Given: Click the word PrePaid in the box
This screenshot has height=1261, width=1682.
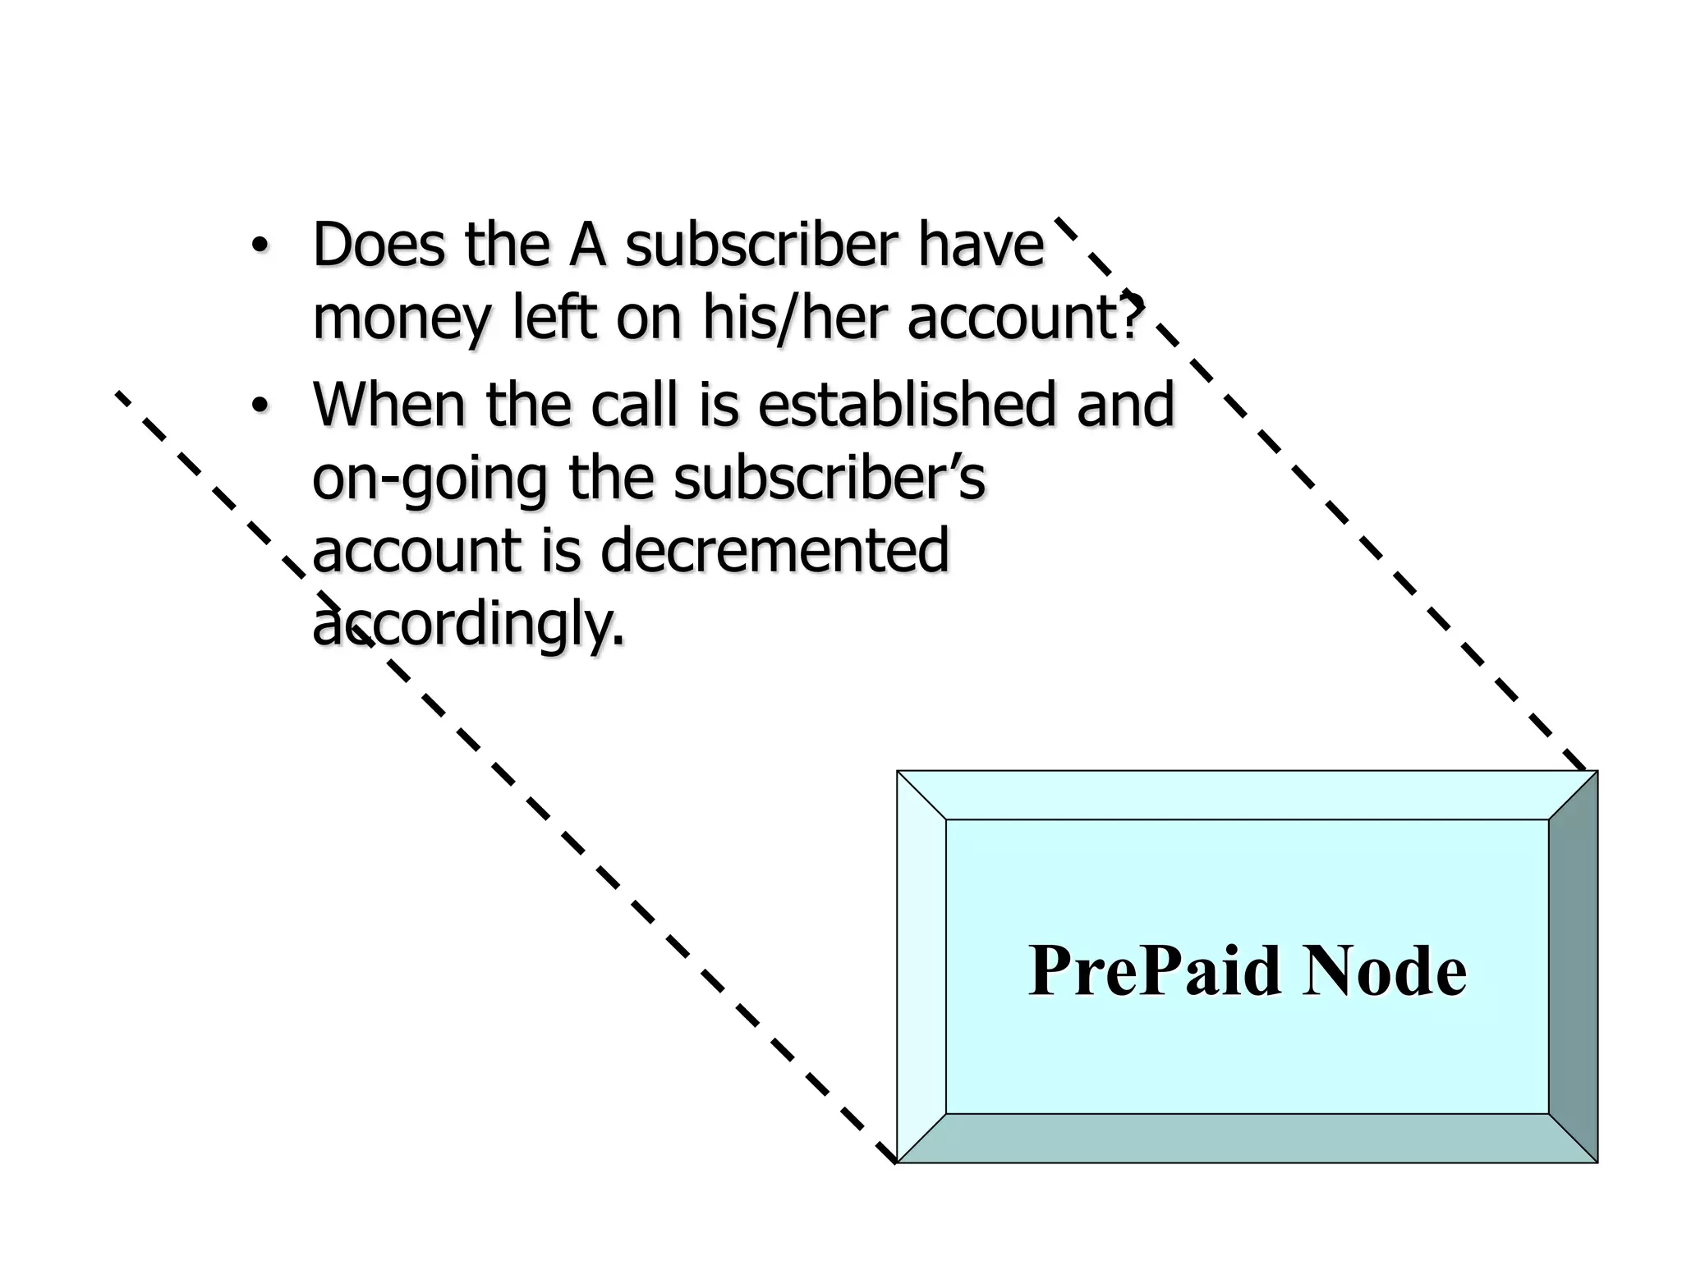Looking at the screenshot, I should point(1154,971).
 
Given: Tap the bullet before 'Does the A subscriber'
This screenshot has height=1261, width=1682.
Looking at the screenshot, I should point(260,245).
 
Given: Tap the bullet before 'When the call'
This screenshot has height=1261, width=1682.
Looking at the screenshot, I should point(260,406).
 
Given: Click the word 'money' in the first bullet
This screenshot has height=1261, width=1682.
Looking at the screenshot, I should point(401,319).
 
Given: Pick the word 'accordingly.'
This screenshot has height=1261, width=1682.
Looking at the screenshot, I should point(468,624).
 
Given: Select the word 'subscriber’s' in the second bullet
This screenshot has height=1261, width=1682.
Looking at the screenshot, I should point(830,478).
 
